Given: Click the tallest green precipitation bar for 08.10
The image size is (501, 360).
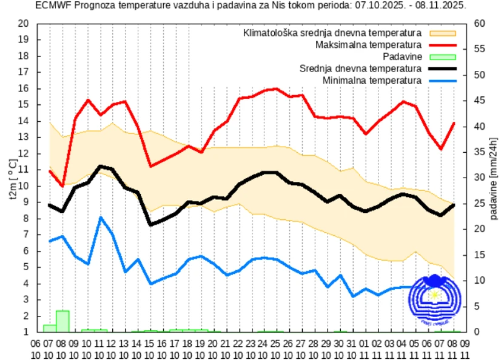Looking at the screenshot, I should coord(63,321).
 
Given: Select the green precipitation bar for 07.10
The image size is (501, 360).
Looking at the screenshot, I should coord(50,328).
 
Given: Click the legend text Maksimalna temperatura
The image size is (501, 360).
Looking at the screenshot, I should coord(368,45).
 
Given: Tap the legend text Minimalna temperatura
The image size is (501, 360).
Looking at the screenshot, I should coord(372,80).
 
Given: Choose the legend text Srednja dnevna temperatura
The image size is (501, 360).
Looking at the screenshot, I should coord(360,68).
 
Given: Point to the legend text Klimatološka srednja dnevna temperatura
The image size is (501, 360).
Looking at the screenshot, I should coord(332,33).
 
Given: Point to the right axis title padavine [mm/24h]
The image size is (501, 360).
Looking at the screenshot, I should coord(494,179).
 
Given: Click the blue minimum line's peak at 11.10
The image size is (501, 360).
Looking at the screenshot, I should coord(101,217).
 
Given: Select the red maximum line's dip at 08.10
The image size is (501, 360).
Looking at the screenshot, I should coord(63,186).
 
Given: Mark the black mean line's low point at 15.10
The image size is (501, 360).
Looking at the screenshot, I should coord(150,225).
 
